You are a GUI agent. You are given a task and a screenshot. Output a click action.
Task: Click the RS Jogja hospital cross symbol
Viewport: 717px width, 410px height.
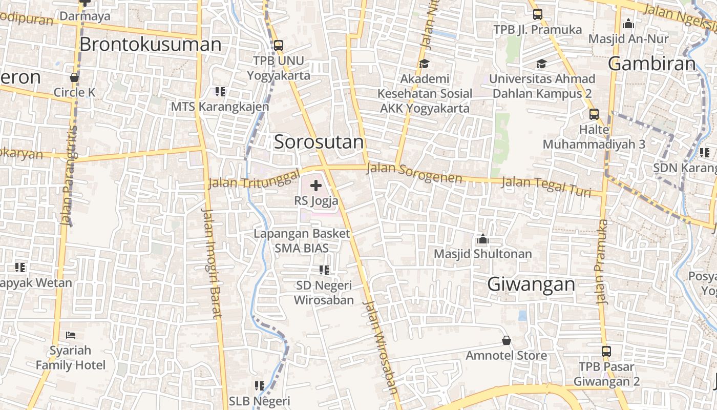tap(316, 186)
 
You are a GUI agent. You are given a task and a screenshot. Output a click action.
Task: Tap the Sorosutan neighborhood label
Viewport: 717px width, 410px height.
tap(319, 142)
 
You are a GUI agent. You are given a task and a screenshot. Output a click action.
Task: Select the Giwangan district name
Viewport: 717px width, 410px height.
tap(531, 284)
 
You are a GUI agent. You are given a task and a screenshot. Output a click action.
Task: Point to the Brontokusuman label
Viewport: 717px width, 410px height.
tap(151, 45)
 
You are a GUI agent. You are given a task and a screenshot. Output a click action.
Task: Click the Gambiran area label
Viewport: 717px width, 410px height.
tap(652, 64)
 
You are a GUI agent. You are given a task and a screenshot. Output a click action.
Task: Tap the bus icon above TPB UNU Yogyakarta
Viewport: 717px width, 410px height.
tap(279, 46)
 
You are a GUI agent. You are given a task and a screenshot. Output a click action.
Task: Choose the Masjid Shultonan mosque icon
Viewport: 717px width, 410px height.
tap(482, 239)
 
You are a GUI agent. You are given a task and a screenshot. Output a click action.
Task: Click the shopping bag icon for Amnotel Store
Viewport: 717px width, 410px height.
tap(506, 340)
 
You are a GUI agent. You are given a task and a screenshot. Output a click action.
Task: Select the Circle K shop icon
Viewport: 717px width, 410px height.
tap(74, 78)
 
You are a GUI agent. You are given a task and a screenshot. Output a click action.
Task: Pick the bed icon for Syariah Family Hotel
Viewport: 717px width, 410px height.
tap(71, 335)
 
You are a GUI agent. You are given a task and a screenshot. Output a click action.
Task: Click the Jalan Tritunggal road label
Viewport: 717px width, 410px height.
tap(254, 179)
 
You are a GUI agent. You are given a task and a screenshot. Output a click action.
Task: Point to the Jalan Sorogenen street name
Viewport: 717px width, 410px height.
tap(414, 174)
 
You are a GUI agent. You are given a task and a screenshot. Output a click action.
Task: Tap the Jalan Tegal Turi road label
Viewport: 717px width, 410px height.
tap(546, 185)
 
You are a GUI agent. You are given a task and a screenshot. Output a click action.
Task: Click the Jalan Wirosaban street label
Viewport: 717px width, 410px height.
tap(381, 346)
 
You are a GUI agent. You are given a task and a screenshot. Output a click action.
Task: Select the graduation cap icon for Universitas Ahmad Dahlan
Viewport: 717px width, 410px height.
tap(541, 64)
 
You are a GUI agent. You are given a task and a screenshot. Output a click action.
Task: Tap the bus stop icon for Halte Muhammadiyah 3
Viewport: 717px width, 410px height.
tap(594, 114)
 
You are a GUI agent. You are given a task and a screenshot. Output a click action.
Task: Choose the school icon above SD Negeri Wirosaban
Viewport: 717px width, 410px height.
tap(324, 270)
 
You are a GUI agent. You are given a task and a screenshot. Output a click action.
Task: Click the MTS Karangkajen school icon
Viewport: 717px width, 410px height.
tap(220, 92)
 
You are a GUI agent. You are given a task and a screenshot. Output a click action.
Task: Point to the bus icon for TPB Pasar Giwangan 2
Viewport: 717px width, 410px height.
tap(606, 352)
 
